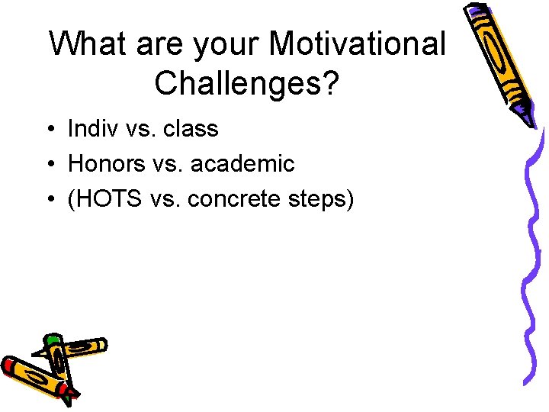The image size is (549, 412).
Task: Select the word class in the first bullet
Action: [x=190, y=129]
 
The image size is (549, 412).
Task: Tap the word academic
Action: [x=243, y=163]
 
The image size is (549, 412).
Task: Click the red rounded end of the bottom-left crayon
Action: [x=8, y=366]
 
